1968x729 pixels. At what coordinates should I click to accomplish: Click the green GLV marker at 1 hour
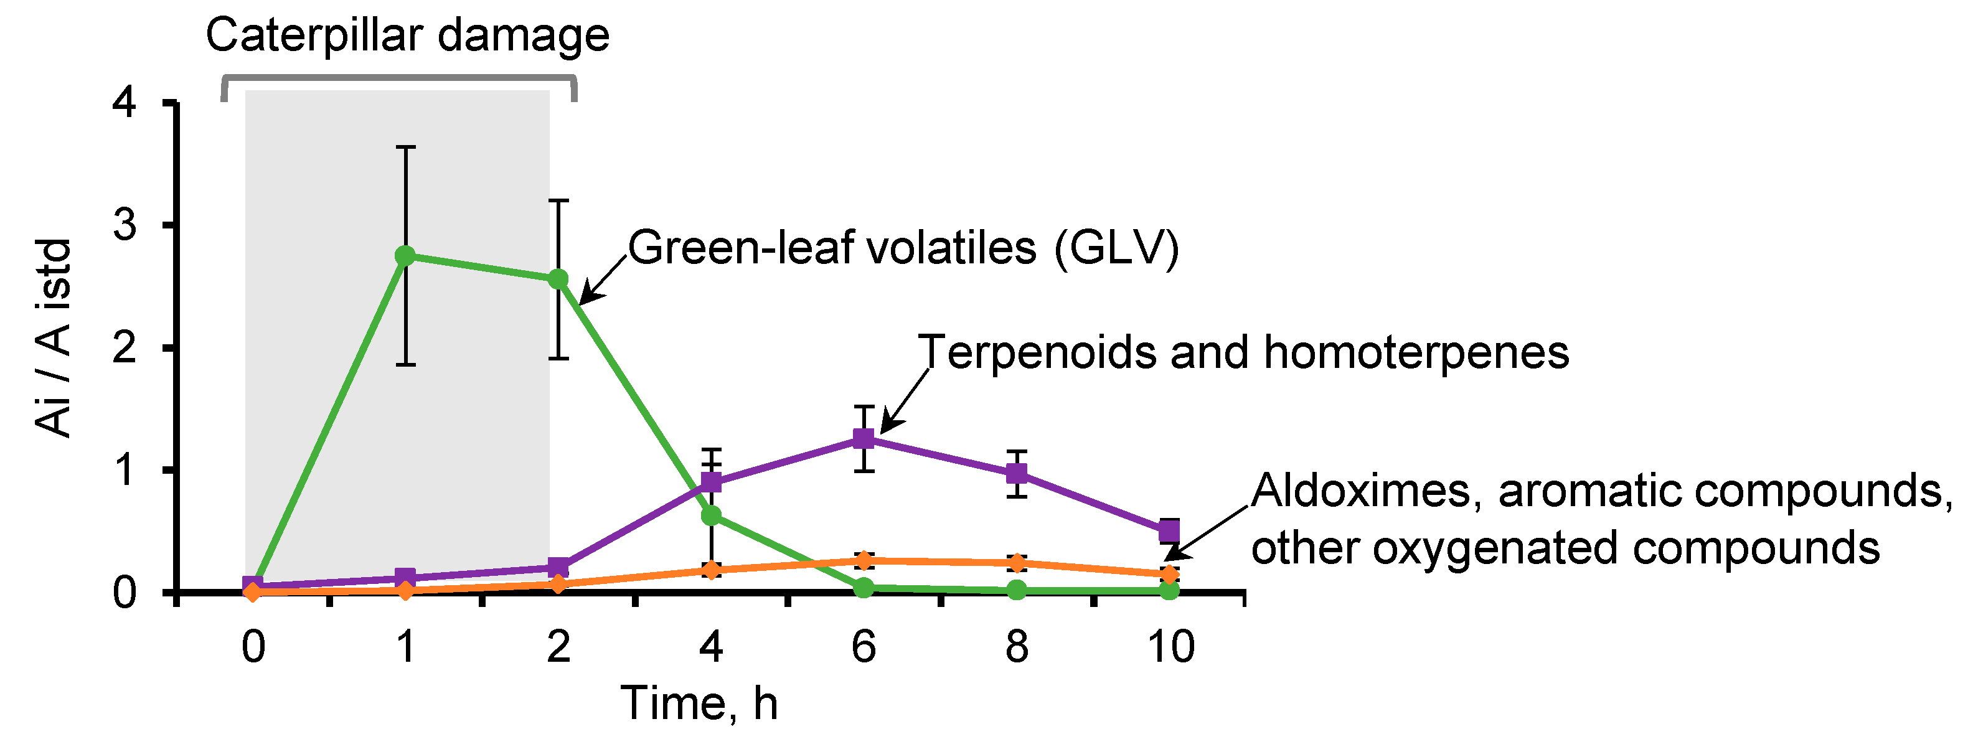pos(406,255)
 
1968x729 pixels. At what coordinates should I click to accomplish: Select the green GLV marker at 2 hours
pos(558,279)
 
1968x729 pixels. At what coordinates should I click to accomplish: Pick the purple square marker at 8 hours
pos(1016,473)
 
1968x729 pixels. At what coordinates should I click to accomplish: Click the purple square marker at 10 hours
pos(1169,530)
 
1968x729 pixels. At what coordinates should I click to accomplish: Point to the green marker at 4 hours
pos(711,516)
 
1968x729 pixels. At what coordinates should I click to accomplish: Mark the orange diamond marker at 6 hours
pos(864,560)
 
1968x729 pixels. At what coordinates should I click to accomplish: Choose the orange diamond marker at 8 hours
pos(1016,563)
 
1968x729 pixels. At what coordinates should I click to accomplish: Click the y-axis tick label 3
pos(125,225)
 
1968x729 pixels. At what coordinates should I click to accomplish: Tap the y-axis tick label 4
pos(125,101)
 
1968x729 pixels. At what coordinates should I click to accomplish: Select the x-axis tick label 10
pos(1170,646)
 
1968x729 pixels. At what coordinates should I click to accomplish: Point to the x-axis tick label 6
pos(864,646)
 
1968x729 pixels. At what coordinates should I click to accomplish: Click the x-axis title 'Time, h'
pos(699,702)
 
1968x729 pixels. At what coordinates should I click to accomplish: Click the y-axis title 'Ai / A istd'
pos(54,338)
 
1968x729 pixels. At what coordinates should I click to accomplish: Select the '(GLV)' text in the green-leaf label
pos(1116,248)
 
